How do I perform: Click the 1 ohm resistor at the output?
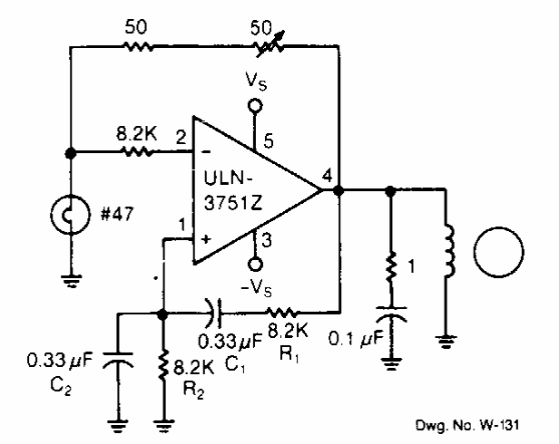point(391,268)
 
